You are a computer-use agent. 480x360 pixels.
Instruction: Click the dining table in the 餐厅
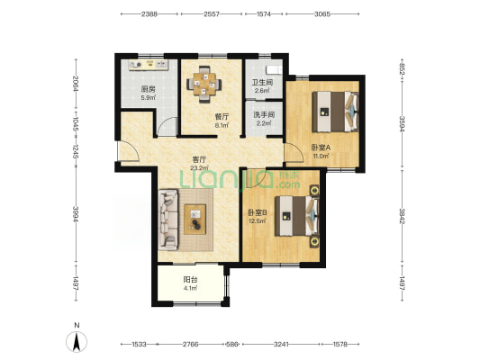click(204, 84)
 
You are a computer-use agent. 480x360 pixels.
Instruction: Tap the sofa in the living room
click(168, 219)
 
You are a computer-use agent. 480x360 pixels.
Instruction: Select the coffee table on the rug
click(195, 220)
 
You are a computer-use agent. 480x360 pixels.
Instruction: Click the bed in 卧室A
click(336, 112)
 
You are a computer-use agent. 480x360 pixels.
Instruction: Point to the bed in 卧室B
click(297, 216)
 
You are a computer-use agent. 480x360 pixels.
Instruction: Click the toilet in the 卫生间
click(274, 69)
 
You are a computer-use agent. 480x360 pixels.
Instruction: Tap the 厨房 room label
click(148, 89)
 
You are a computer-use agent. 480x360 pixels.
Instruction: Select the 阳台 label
click(190, 280)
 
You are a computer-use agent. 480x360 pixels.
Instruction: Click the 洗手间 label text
click(264, 115)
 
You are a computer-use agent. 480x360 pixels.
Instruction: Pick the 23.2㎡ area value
click(199, 167)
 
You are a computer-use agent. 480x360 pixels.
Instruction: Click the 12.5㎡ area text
click(258, 220)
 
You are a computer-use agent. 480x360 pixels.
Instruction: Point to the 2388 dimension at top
click(149, 13)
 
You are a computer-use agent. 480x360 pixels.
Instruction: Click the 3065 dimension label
click(322, 13)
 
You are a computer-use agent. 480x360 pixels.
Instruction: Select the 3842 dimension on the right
click(402, 216)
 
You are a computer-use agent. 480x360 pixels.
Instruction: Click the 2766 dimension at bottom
click(190, 345)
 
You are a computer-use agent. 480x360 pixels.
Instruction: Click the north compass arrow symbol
click(77, 341)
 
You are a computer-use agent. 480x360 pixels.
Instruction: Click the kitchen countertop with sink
click(149, 65)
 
